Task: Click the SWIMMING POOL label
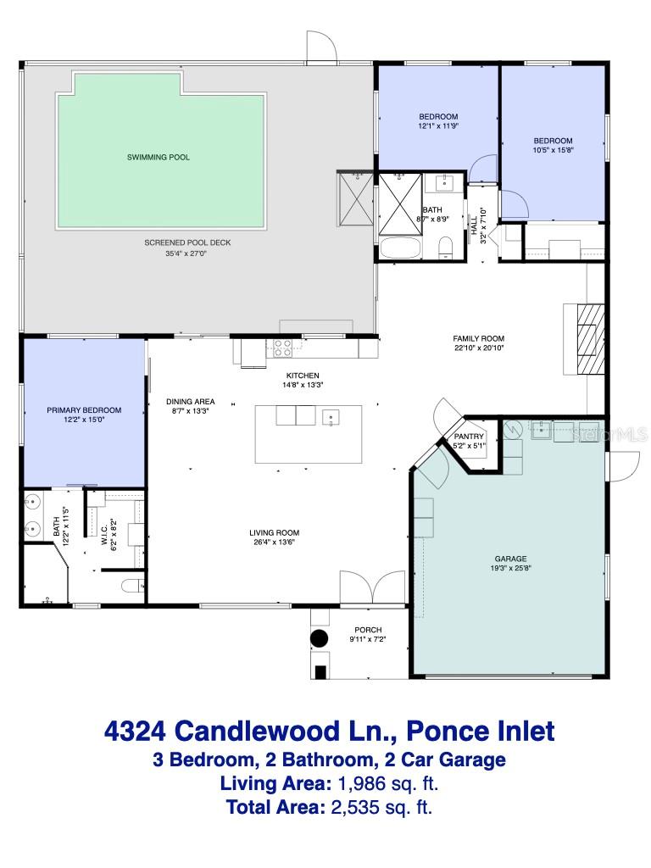[158, 157]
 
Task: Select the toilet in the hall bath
[446, 248]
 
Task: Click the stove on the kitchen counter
[282, 346]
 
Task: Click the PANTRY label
[469, 436]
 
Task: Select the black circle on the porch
[319, 638]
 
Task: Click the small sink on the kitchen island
[331, 416]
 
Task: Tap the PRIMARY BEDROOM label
[84, 410]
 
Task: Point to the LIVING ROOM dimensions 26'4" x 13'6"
[274, 542]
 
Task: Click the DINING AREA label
[190, 401]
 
